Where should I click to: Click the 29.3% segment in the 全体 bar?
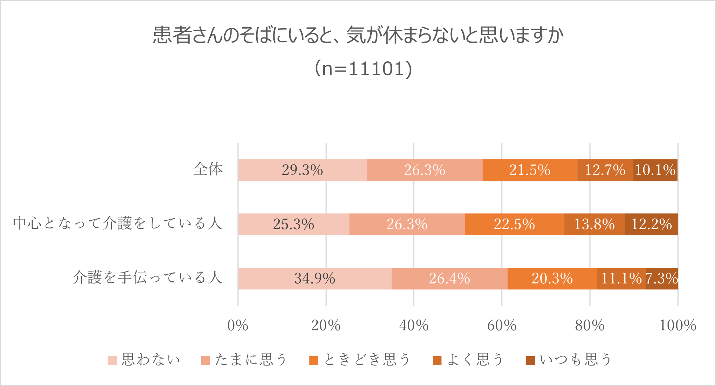point(302,170)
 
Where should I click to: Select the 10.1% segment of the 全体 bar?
point(655,170)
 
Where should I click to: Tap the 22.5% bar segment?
point(515,224)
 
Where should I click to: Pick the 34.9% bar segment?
point(315,278)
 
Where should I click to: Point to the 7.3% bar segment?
point(662,278)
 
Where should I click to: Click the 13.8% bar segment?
point(595,224)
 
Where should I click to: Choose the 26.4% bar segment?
point(450,278)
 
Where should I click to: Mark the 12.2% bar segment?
point(651,224)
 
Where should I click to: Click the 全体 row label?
point(208,169)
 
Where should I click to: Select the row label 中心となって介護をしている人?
point(118,223)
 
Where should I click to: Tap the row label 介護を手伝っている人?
point(148,278)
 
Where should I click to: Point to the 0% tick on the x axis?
point(238,325)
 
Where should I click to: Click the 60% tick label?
point(502,325)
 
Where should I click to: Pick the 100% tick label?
point(677,325)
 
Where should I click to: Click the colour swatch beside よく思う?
point(437,361)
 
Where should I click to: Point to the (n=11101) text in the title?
point(363,69)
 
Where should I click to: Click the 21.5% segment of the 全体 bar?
point(530,170)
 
